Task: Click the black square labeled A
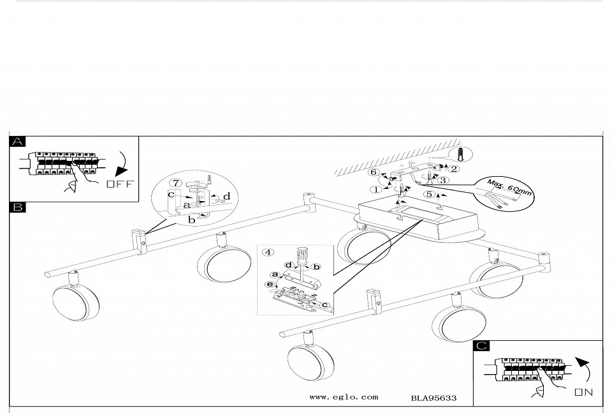[x=18, y=142]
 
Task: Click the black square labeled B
[x=18, y=207]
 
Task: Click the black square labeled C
[x=483, y=346]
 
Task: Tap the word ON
[x=584, y=391]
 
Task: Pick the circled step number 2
[x=454, y=169]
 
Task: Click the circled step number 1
[x=376, y=189]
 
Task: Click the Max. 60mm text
[x=509, y=186]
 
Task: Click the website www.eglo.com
[x=343, y=397]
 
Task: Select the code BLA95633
[x=433, y=398]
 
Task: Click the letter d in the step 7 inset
[x=226, y=195]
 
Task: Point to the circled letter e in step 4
[x=270, y=284]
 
